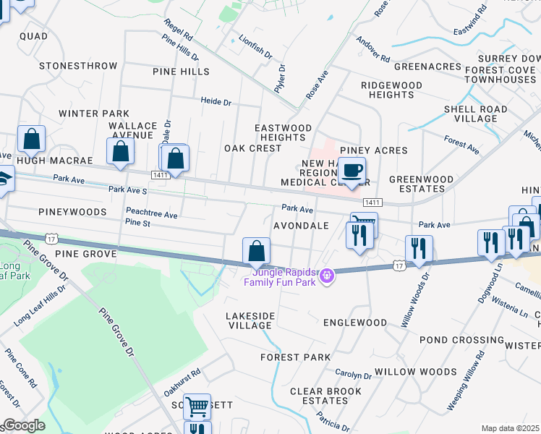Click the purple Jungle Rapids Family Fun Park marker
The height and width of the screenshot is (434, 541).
tap(327, 274)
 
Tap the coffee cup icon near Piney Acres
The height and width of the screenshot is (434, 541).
tap(352, 171)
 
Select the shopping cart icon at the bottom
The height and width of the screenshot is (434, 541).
tap(196, 407)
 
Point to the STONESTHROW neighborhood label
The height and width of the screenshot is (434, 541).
tap(78, 66)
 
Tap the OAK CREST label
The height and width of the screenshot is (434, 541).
tap(252, 148)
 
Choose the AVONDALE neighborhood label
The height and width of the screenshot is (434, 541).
tap(301, 226)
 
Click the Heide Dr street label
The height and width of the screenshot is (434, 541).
tap(216, 103)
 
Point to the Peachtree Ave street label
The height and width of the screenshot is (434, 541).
tap(151, 214)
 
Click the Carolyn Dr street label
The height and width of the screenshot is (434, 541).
tap(353, 375)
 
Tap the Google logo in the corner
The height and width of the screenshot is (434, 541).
tap(23, 425)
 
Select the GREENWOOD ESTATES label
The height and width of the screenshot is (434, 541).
tap(421, 184)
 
